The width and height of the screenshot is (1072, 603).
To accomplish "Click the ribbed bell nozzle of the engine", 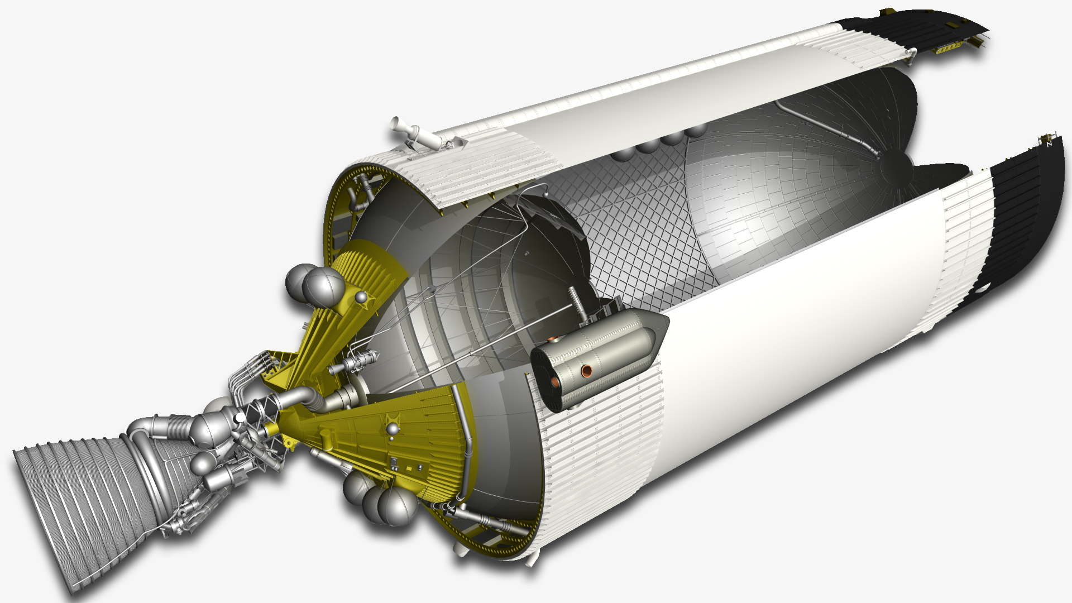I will [x=78, y=502].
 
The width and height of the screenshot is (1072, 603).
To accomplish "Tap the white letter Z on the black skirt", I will [x=1049, y=144].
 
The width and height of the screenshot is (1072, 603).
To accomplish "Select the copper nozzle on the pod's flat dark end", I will [x=555, y=382].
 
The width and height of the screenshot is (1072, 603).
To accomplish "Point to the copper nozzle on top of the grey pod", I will [x=552, y=339].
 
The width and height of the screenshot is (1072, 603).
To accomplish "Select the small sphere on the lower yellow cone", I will [x=394, y=429].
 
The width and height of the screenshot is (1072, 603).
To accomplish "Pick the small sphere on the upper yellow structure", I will [x=362, y=296].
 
